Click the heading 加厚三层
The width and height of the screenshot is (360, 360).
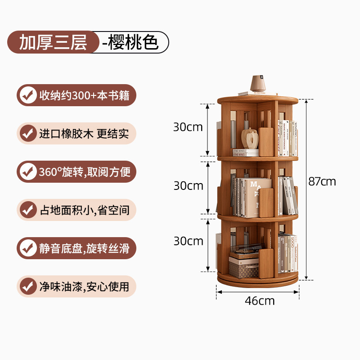pos(52,42)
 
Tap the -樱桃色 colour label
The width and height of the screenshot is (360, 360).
pos(130,42)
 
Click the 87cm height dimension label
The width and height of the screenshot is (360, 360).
pos(322,181)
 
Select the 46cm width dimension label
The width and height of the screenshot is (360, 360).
pos(259,301)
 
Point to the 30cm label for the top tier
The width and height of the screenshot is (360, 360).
pos(188,127)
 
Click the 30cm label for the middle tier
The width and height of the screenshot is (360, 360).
pos(188,185)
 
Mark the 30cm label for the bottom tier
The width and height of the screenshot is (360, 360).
pos(188,241)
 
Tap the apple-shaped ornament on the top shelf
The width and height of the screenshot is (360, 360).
pos(250,139)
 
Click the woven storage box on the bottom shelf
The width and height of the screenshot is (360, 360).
pos(244,267)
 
